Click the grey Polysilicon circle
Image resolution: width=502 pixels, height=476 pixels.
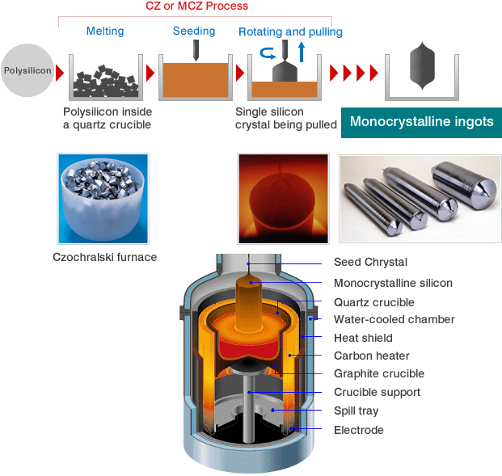[27, 70]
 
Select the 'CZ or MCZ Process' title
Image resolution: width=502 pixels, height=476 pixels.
[196, 6]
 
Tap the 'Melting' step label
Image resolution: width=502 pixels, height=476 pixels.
[105, 32]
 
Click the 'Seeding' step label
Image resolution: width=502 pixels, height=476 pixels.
[194, 32]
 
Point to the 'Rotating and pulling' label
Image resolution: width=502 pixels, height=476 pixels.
[290, 32]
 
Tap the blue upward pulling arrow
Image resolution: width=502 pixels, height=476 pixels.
[302, 53]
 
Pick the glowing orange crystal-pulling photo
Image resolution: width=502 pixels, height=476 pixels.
[282, 198]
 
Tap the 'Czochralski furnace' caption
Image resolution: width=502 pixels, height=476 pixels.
[104, 257]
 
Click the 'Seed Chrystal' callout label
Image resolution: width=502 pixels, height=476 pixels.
[370, 263]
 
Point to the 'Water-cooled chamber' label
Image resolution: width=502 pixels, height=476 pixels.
[394, 319]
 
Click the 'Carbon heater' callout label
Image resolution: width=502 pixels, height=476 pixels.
[371, 356]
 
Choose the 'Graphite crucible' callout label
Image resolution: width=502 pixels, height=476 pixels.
[378, 374]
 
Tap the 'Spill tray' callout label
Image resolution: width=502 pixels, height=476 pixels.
[357, 411]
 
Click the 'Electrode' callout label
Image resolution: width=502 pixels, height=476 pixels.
[358, 430]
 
